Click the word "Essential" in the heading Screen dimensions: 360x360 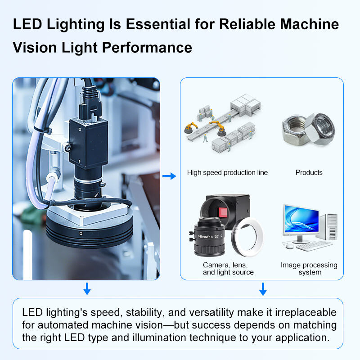158,24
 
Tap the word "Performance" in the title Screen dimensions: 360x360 147,48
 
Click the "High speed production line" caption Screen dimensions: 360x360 227,173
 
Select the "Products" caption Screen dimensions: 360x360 309,172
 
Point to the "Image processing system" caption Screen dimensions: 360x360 309,269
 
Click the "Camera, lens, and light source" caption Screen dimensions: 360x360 228,269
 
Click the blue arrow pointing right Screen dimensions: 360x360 169,176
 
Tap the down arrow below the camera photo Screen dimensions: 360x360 87,288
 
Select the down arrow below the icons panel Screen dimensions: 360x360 263,289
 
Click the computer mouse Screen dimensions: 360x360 289,246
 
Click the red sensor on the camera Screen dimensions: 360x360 223,212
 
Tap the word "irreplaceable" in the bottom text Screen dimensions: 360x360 306,312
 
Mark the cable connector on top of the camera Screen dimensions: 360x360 90,102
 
